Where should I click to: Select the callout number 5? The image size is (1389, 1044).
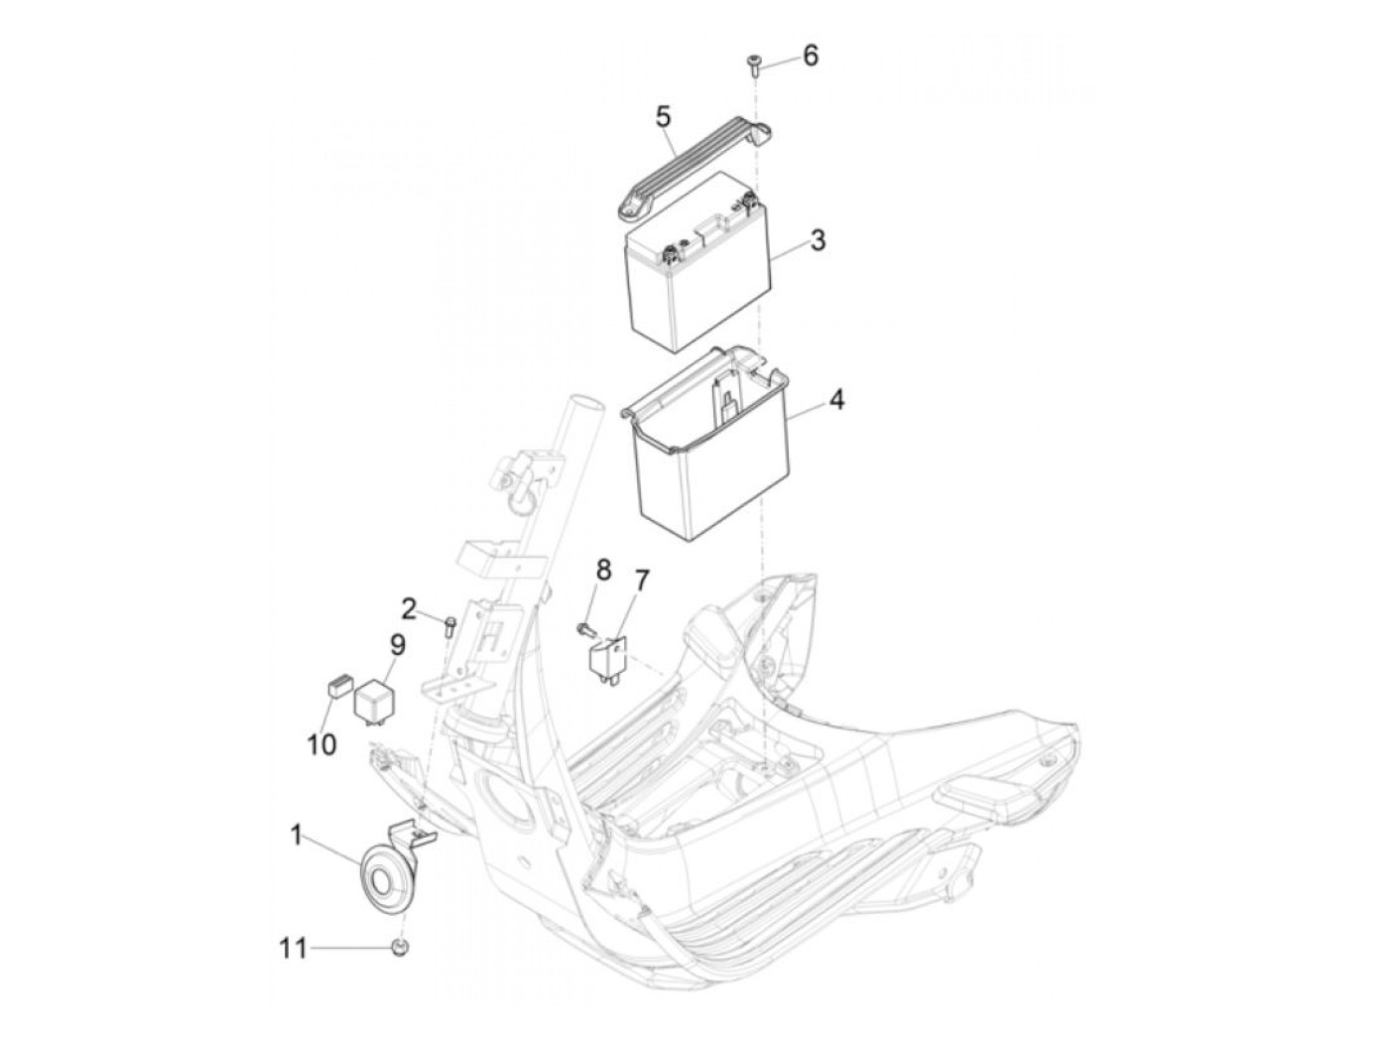click(663, 118)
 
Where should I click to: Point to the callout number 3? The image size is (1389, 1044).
click(818, 240)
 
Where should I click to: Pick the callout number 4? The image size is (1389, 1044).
click(836, 400)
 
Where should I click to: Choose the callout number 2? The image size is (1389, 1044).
click(410, 610)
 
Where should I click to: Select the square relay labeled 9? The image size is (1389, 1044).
click(373, 699)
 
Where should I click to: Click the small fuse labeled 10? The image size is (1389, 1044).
click(338, 685)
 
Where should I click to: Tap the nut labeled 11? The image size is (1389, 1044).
click(399, 947)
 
